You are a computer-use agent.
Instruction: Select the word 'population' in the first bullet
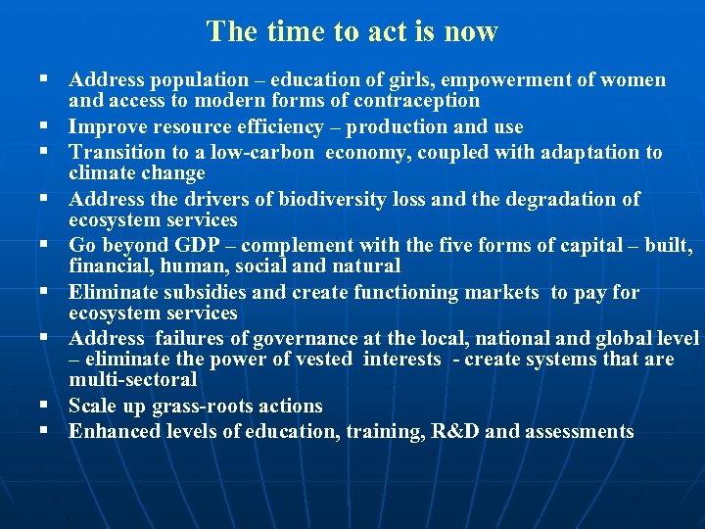pyautogui.click(x=204, y=80)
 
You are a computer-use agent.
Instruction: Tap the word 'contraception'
pyautogui.click(x=417, y=100)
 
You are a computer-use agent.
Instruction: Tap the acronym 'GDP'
pyautogui.click(x=199, y=245)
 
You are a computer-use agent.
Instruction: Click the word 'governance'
pyautogui.click(x=306, y=339)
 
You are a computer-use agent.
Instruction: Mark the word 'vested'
pyautogui.click(x=322, y=360)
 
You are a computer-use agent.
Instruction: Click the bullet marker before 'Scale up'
pyautogui.click(x=45, y=405)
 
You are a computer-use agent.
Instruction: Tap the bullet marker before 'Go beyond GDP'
pyautogui.click(x=45, y=244)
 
